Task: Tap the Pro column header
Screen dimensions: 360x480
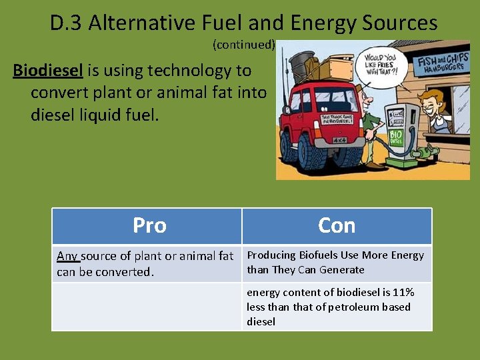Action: point(149,225)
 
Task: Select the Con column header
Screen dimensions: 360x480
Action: point(337,225)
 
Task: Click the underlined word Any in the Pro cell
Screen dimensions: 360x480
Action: point(67,256)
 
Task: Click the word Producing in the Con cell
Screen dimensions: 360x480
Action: point(271,255)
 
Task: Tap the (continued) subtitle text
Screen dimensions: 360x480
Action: point(243,45)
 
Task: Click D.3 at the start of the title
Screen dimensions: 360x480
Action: point(67,23)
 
